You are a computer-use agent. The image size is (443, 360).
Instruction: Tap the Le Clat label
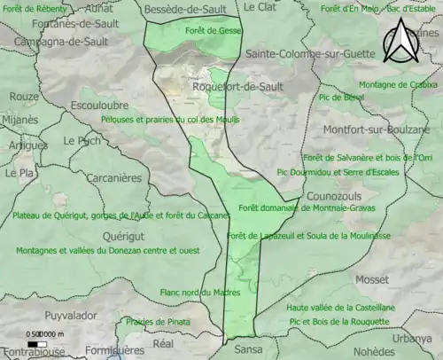pyautogui.click(x=260, y=7)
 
